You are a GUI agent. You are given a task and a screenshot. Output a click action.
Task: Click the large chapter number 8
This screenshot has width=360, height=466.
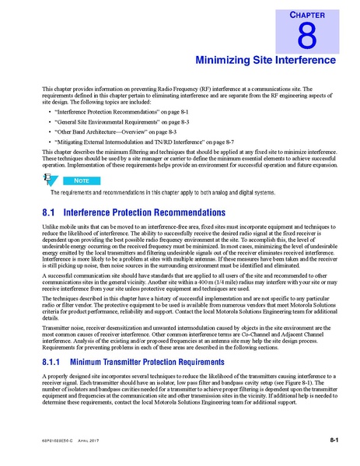pos(309,35)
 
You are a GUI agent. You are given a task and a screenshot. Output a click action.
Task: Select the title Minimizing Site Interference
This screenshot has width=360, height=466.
pos(265,59)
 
